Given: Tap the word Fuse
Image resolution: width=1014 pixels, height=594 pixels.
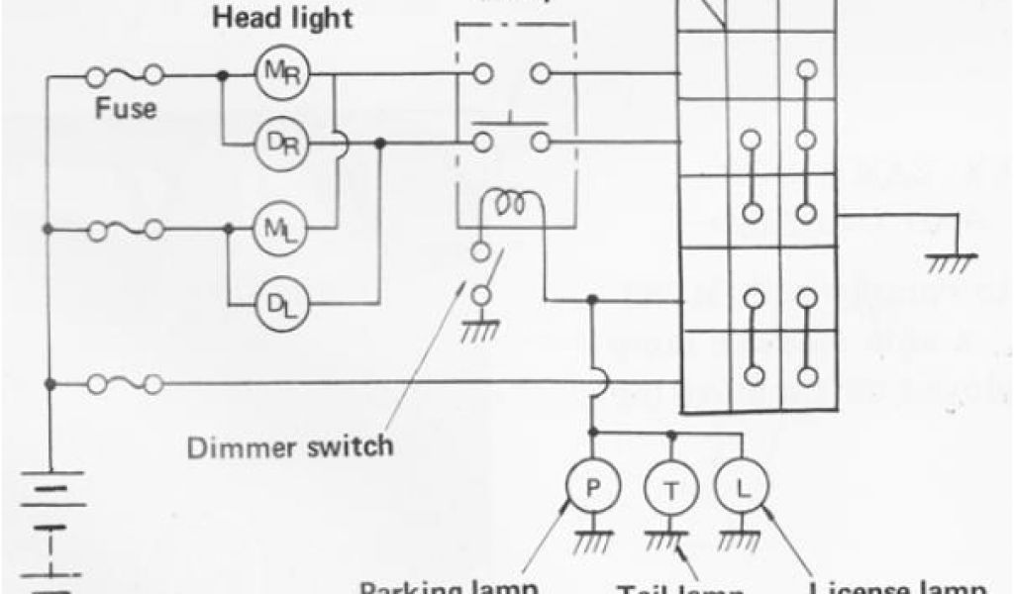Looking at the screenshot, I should (x=125, y=109).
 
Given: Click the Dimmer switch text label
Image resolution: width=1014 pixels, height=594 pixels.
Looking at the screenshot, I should (x=290, y=446).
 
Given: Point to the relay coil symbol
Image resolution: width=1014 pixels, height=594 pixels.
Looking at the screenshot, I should (x=512, y=203).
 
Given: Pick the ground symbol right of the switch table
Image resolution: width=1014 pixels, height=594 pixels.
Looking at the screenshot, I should (x=952, y=258).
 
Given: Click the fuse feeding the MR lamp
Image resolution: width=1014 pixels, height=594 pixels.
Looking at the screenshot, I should (x=126, y=75).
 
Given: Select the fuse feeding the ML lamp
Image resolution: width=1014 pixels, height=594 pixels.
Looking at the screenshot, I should (x=126, y=230).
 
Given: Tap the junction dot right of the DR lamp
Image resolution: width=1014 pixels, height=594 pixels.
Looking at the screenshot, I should (x=382, y=145).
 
